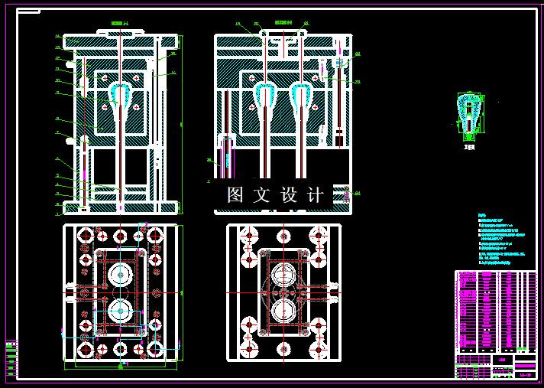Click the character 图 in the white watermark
pyautogui.click(x=235, y=195)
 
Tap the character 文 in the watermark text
pyautogui.click(x=262, y=195)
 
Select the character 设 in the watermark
pyautogui.click(x=289, y=195)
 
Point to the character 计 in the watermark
pyautogui.click(x=315, y=195)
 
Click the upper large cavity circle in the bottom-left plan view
pyautogui.click(x=120, y=275)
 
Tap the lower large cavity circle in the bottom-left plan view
pyautogui.click(x=120, y=311)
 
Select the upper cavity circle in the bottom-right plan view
pyautogui.click(x=283, y=275)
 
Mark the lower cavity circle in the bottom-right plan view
pyautogui.click(x=283, y=311)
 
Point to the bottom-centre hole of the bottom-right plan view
pyautogui.click(x=283, y=349)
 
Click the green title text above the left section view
pyautogui.click(x=121, y=24)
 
